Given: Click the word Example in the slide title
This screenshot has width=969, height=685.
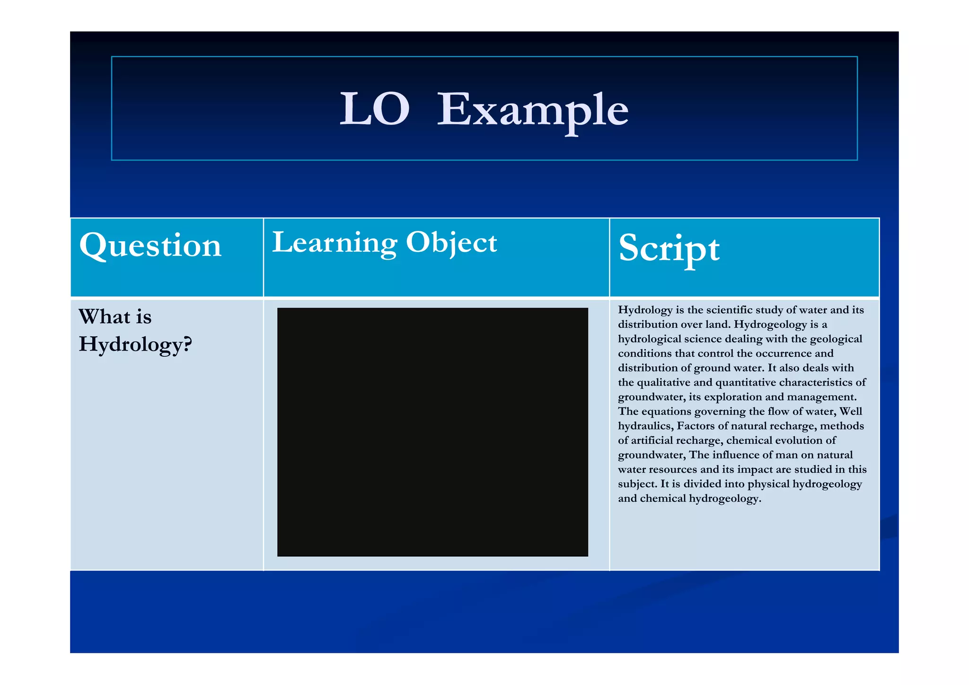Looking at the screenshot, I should point(532,110).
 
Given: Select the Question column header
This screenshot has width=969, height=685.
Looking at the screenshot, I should point(150,246).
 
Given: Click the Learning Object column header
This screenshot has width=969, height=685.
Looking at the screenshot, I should point(384,243).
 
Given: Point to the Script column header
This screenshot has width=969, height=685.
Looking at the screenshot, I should point(669,248).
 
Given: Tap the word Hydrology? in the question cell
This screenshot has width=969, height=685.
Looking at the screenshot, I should point(135,344).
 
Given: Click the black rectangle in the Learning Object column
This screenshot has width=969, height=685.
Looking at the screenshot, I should point(432,432).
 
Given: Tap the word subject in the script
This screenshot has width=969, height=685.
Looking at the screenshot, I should point(637,484).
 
